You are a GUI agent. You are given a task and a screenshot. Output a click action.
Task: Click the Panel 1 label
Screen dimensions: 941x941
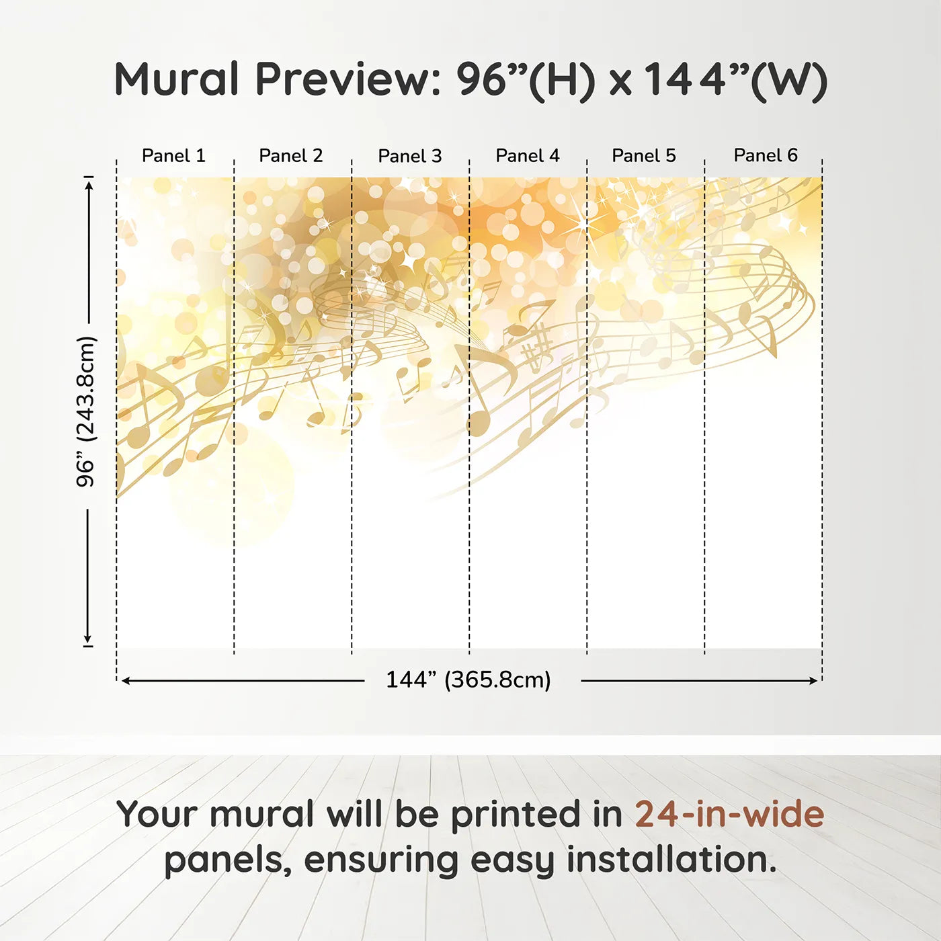[173, 155]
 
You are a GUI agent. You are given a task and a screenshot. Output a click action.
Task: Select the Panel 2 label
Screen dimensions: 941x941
[291, 155]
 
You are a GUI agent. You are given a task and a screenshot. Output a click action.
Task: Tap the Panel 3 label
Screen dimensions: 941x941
[410, 156]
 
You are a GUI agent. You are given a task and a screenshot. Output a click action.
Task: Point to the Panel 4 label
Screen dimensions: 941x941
[528, 155]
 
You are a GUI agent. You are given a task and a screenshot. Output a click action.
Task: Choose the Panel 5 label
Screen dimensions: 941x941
[644, 155]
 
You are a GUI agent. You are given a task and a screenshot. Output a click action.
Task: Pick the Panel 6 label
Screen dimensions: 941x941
[766, 155]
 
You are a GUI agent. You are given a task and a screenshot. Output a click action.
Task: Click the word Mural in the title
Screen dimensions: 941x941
[177, 79]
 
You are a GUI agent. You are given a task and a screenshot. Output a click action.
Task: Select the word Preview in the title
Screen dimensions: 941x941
[347, 79]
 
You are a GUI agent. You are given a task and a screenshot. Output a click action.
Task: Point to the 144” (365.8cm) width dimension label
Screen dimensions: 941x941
[468, 680]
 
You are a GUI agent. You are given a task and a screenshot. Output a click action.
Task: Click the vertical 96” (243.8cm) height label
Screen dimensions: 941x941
[86, 411]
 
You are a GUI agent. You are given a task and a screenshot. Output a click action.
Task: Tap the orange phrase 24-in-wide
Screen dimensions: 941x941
[729, 814]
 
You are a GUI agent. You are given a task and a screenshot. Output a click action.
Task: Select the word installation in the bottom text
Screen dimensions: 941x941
[671, 860]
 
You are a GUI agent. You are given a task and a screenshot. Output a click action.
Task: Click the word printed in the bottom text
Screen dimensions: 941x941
[515, 814]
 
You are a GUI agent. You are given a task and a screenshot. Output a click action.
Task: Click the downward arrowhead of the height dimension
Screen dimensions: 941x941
[87, 638]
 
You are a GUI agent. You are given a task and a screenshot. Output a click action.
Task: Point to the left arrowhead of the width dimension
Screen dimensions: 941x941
[126, 681]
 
